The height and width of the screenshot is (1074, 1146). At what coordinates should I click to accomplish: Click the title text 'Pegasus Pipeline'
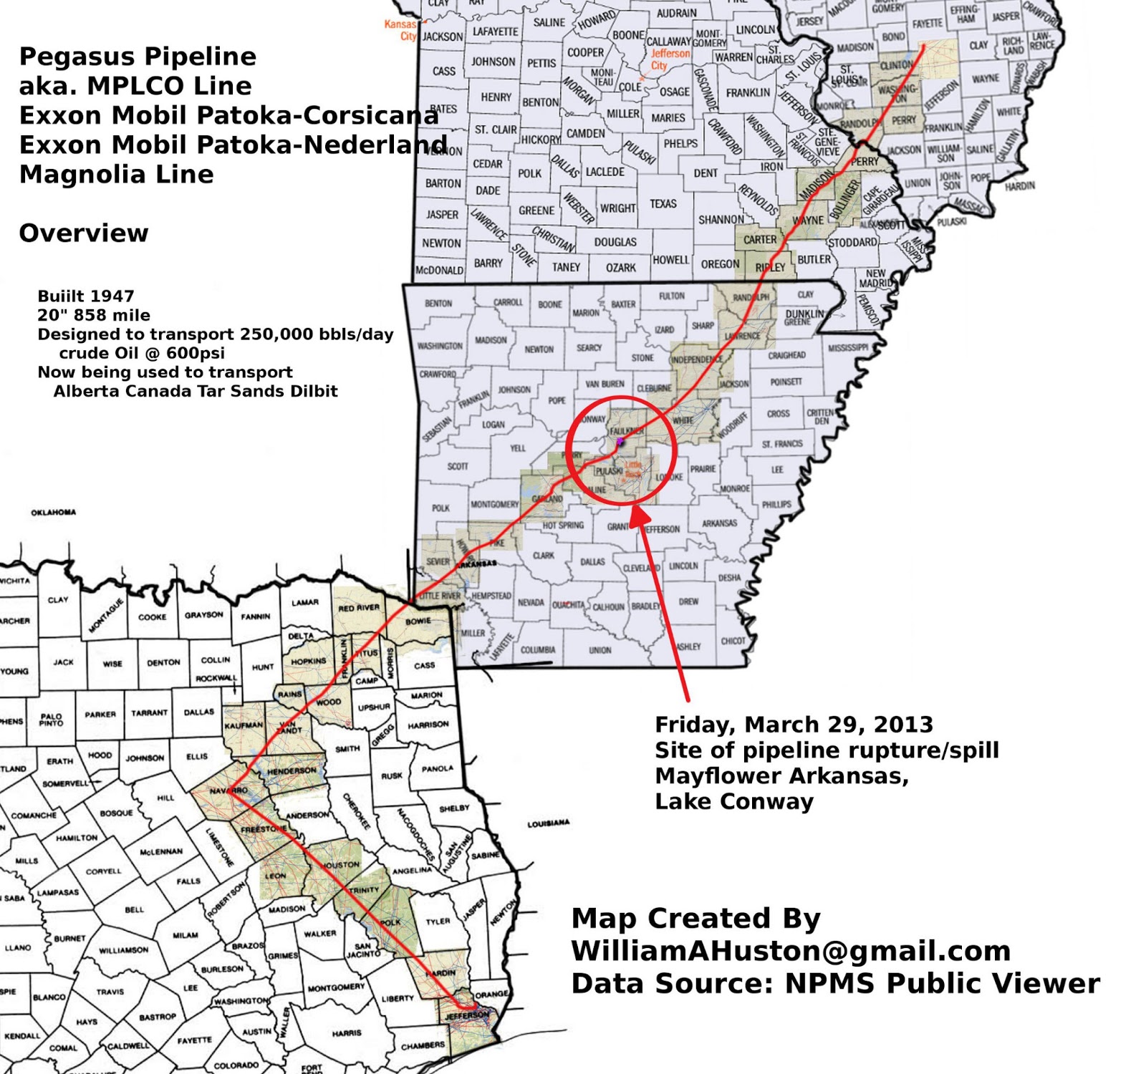click(138, 57)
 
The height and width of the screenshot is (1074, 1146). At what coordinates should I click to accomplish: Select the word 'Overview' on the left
click(84, 233)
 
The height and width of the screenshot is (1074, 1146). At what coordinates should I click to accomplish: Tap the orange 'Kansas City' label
click(400, 30)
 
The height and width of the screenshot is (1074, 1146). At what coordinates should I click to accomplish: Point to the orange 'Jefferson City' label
click(670, 59)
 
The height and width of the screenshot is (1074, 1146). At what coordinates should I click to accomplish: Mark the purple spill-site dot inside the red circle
click(620, 442)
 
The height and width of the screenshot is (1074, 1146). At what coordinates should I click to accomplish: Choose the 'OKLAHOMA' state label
click(53, 513)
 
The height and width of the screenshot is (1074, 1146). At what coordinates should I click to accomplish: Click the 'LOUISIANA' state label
click(549, 823)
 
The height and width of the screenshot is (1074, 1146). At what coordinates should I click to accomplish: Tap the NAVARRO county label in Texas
click(228, 790)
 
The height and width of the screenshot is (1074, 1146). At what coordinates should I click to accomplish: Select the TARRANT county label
click(149, 713)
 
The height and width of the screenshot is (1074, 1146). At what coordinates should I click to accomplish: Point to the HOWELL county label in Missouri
click(670, 260)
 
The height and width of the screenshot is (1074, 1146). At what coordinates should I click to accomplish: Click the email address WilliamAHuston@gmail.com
click(791, 951)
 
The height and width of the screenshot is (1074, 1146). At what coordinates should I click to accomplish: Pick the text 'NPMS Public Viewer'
click(942, 984)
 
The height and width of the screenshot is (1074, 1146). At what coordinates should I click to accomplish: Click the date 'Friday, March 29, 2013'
click(794, 725)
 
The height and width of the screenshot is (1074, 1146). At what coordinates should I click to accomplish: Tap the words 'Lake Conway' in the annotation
click(734, 802)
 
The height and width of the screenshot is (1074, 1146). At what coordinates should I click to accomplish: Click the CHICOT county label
click(733, 641)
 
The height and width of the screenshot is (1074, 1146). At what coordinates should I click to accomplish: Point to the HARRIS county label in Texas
click(347, 1033)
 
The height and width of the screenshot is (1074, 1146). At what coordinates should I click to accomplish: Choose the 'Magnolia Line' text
click(116, 174)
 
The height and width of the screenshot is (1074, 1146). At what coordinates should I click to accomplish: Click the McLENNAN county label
click(161, 851)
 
